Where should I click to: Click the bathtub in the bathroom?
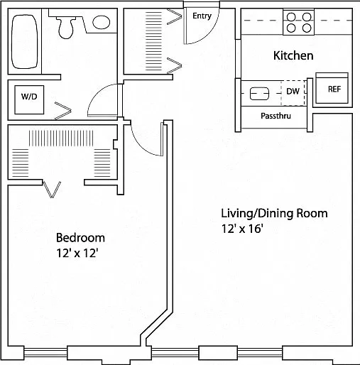click(x=25, y=42)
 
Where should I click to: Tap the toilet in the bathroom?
click(x=66, y=28)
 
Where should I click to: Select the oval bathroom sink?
click(x=102, y=22)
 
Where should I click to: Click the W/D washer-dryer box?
click(x=29, y=99)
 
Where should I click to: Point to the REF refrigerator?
click(x=332, y=88)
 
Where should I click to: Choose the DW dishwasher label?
click(x=293, y=91)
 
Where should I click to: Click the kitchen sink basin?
click(x=259, y=94)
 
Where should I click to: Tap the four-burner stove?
click(x=299, y=23)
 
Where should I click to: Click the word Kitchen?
click(x=293, y=55)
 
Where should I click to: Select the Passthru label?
click(x=276, y=116)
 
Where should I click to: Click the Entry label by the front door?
click(x=202, y=16)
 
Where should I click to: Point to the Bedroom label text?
click(x=80, y=238)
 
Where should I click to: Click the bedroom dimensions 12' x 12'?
click(x=77, y=254)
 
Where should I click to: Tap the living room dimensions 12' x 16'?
click(x=242, y=229)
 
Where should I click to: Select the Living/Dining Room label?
click(x=274, y=213)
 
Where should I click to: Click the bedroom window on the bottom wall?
click(x=45, y=352)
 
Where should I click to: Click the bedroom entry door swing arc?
click(x=142, y=145)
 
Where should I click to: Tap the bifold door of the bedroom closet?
click(x=52, y=189)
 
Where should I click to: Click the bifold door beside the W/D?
click(x=63, y=111)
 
